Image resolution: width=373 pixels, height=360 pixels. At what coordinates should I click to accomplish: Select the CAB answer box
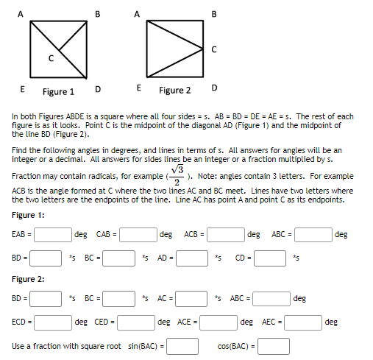click(137, 235)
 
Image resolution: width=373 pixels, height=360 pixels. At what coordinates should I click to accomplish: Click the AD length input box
click(191, 258)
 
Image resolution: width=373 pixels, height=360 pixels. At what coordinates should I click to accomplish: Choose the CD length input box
click(270, 258)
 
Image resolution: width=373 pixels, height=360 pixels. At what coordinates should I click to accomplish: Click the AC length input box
click(191, 299)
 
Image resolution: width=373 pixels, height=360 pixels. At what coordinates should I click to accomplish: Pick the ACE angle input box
click(219, 322)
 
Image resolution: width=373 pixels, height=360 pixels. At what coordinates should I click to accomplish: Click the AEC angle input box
click(302, 322)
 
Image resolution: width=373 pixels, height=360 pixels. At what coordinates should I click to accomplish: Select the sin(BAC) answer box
click(183, 345)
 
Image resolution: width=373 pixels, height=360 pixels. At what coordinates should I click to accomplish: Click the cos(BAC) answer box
click(272, 345)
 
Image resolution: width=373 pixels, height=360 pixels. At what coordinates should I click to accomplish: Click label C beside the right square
click(213, 50)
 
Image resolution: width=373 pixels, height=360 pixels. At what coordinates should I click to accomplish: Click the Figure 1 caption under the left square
click(58, 92)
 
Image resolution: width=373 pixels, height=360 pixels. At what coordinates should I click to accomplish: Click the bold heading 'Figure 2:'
click(29, 280)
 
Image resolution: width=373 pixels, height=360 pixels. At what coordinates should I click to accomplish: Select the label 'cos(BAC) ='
click(235, 345)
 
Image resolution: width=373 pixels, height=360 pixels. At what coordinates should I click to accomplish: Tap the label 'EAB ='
click(21, 235)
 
